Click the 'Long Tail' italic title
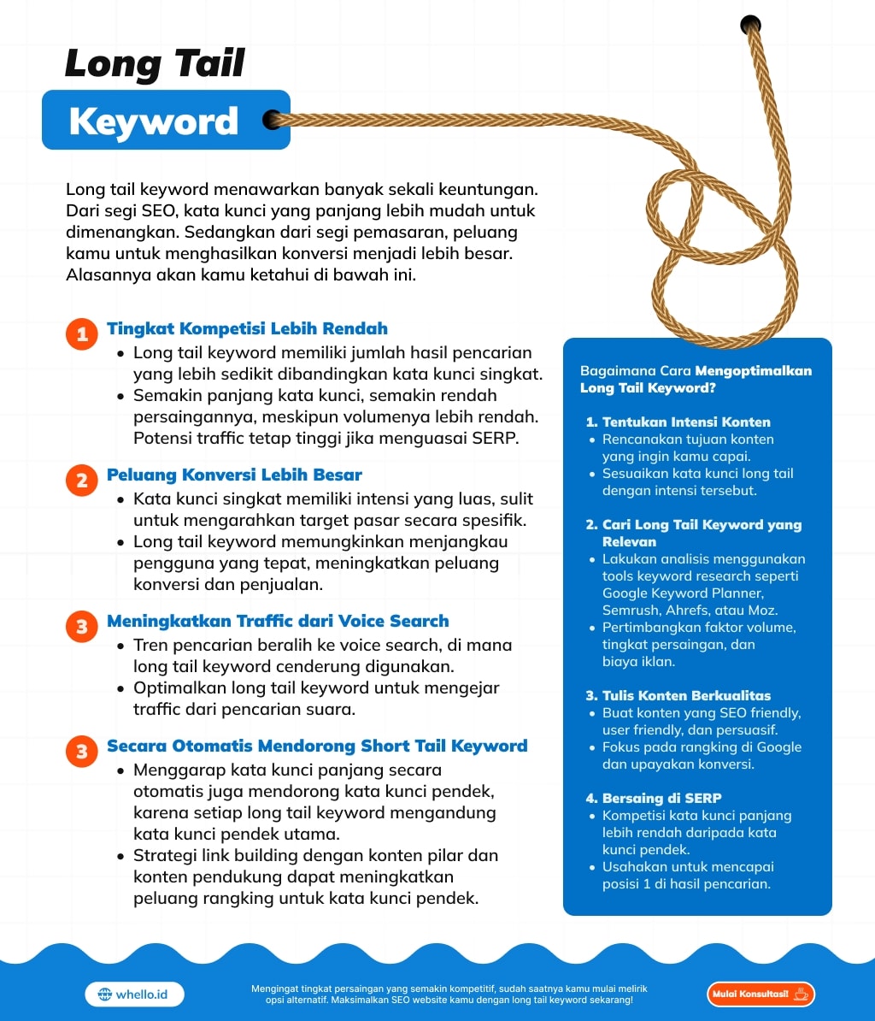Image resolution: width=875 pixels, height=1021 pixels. [155, 64]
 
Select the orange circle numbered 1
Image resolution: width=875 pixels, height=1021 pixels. [82, 334]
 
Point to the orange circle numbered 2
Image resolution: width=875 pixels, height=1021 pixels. [82, 481]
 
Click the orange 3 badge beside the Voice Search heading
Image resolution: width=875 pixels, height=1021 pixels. [82, 627]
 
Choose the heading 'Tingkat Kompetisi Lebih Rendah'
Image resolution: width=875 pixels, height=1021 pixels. [247, 328]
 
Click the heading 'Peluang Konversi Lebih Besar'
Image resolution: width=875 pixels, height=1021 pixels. [234, 475]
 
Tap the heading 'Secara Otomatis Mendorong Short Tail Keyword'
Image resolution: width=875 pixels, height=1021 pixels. [317, 746]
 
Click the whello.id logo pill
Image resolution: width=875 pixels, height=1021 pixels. [135, 994]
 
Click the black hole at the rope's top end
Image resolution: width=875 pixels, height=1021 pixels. [750, 24]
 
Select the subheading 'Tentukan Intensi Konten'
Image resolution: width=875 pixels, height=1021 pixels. [686, 422]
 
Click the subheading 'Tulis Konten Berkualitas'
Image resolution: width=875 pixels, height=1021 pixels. [686, 695]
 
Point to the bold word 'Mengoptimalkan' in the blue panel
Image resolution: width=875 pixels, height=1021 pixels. [753, 371]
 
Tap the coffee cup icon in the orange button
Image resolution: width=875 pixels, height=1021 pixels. [801, 994]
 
